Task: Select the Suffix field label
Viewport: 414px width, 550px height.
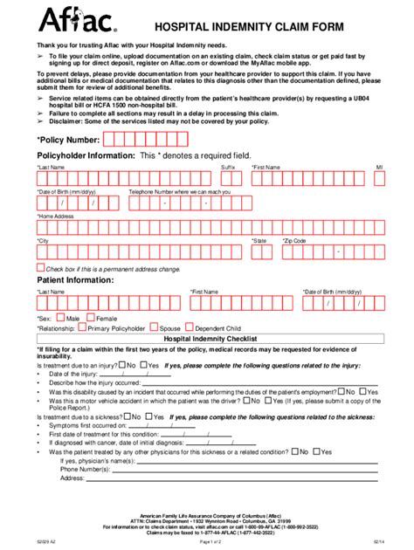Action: (x=228, y=166)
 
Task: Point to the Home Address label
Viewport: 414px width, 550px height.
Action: (x=56, y=216)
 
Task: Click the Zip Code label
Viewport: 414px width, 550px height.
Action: (x=294, y=240)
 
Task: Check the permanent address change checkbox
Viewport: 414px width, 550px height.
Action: (x=40, y=268)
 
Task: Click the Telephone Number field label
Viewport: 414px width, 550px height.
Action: (x=180, y=191)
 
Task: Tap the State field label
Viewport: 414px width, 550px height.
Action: (x=259, y=240)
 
